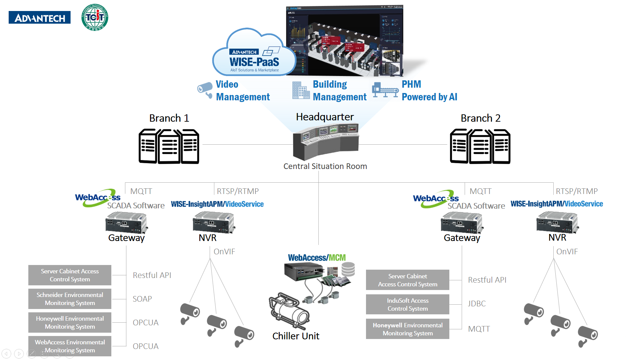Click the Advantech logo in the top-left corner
pyautogui.click(x=40, y=18)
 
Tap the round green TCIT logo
pyautogui.click(x=95, y=17)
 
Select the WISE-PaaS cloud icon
pyautogui.click(x=254, y=53)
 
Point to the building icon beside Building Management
pyautogui.click(x=301, y=90)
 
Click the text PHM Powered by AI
pyautogui.click(x=429, y=90)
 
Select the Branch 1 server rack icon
pyautogui.click(x=169, y=146)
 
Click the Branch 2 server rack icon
pyautogui.click(x=480, y=146)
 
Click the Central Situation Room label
pyautogui.click(x=325, y=166)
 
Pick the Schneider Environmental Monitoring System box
pyautogui.click(x=70, y=299)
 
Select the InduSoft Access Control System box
pyautogui.click(x=407, y=304)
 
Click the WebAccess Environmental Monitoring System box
pyautogui.click(x=70, y=346)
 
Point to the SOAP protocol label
pyautogui.click(x=142, y=299)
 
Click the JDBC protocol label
pyautogui.click(x=477, y=304)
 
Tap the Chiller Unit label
pyautogui.click(x=296, y=336)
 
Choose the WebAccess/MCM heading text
pyautogui.click(x=317, y=258)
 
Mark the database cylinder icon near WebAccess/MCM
pyautogui.click(x=348, y=269)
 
